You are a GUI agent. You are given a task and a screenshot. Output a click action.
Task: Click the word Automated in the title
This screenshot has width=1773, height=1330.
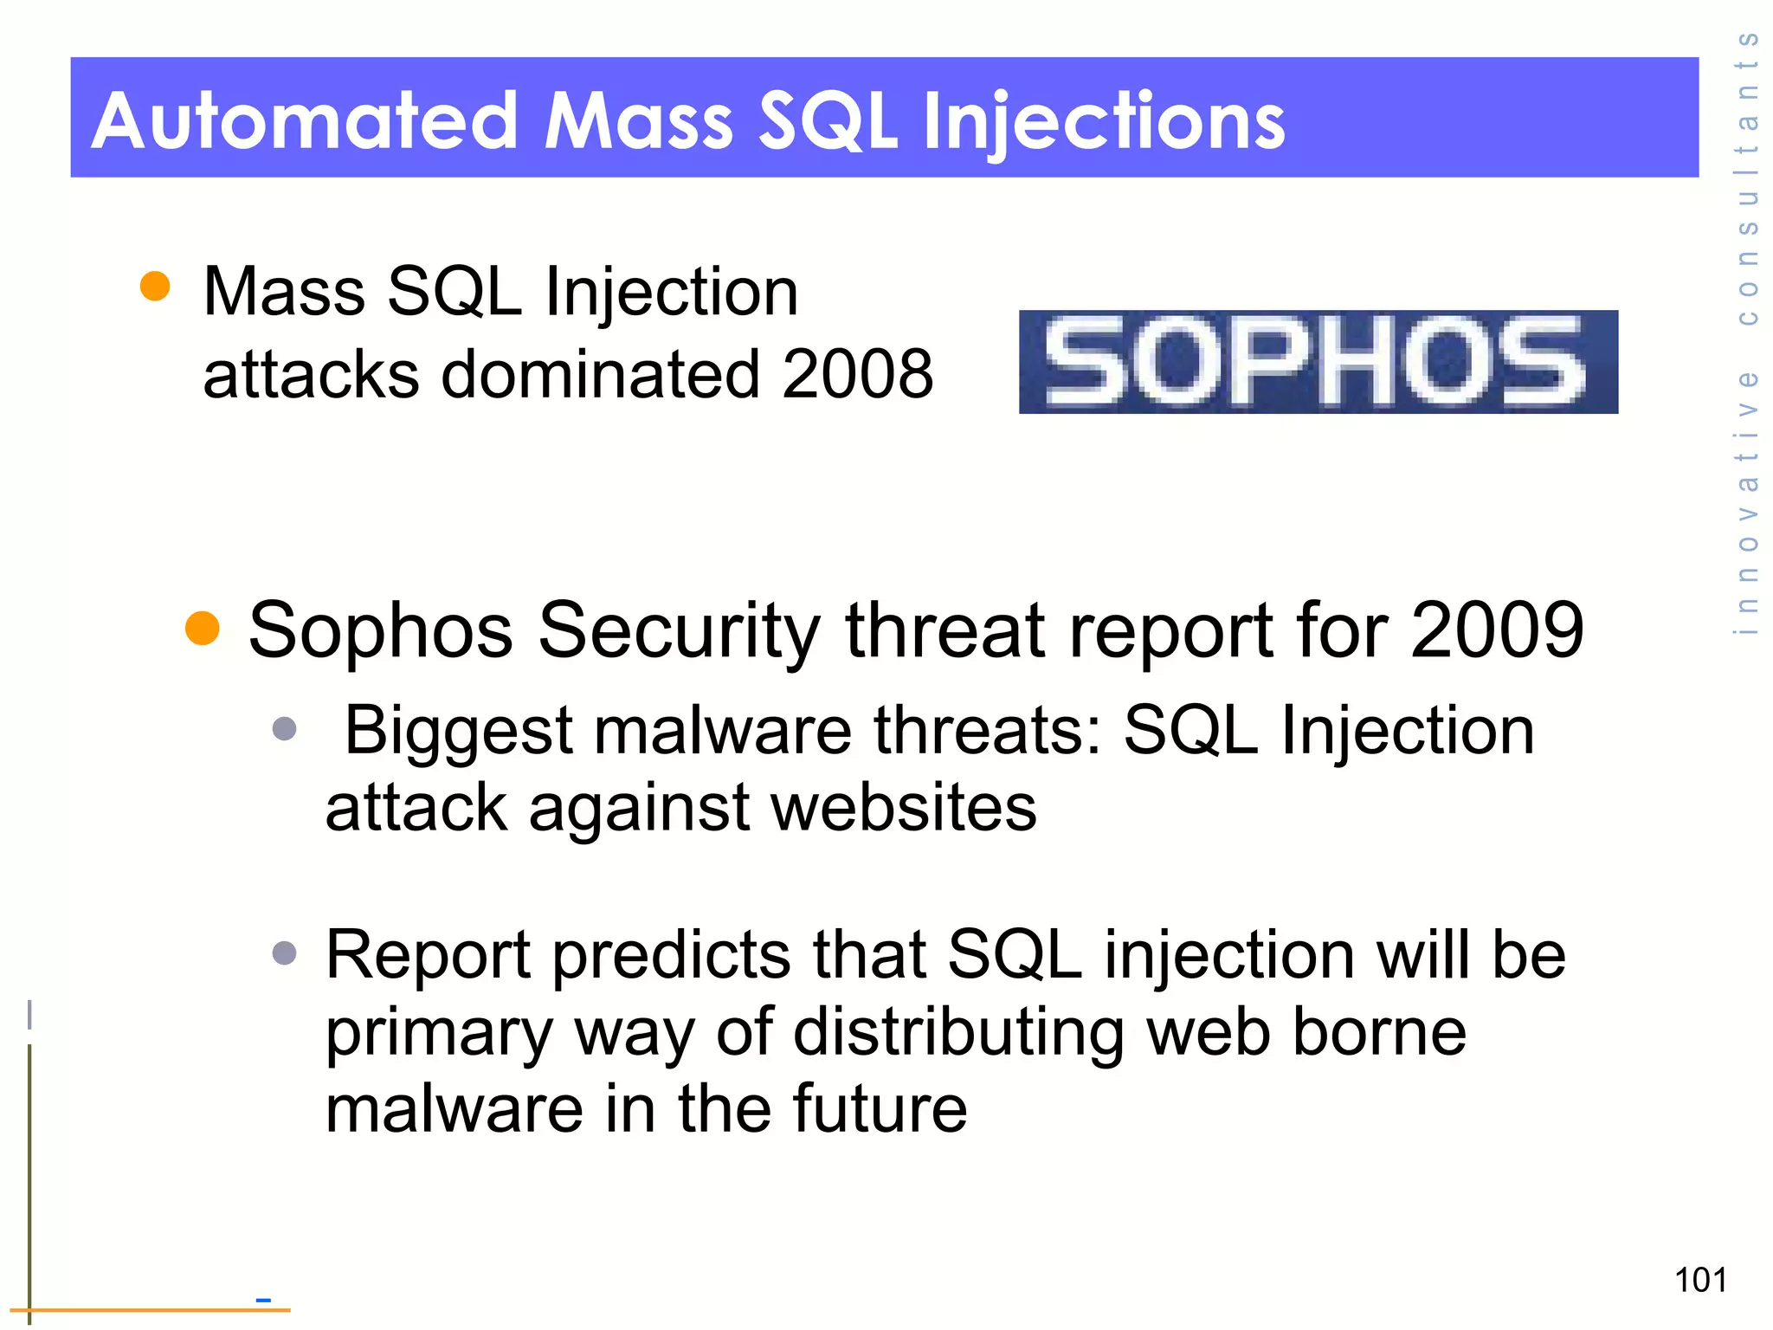click(304, 121)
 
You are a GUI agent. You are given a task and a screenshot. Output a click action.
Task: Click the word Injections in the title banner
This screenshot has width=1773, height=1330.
click(1104, 121)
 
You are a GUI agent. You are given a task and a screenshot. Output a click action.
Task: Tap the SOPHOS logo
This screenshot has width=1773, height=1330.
click(1318, 362)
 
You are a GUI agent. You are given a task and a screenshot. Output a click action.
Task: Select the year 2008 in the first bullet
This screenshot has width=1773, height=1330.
click(857, 374)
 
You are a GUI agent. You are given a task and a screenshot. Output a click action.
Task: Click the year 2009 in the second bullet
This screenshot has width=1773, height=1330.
click(1497, 630)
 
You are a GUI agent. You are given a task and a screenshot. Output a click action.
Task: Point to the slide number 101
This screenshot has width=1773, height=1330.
click(1700, 1280)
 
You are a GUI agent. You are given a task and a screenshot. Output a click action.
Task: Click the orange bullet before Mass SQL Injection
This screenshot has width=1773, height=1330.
click(155, 287)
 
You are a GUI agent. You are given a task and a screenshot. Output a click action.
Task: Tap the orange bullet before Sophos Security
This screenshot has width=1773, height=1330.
click(203, 628)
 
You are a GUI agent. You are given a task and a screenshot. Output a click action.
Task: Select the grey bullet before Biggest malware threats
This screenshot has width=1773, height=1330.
click(284, 728)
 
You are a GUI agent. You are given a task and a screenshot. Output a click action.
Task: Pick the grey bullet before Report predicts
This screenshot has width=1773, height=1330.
click(284, 953)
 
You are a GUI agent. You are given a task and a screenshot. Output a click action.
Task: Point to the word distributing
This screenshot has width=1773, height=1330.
click(958, 1033)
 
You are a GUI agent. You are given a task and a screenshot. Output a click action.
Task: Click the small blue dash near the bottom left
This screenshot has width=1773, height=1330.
click(263, 1300)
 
